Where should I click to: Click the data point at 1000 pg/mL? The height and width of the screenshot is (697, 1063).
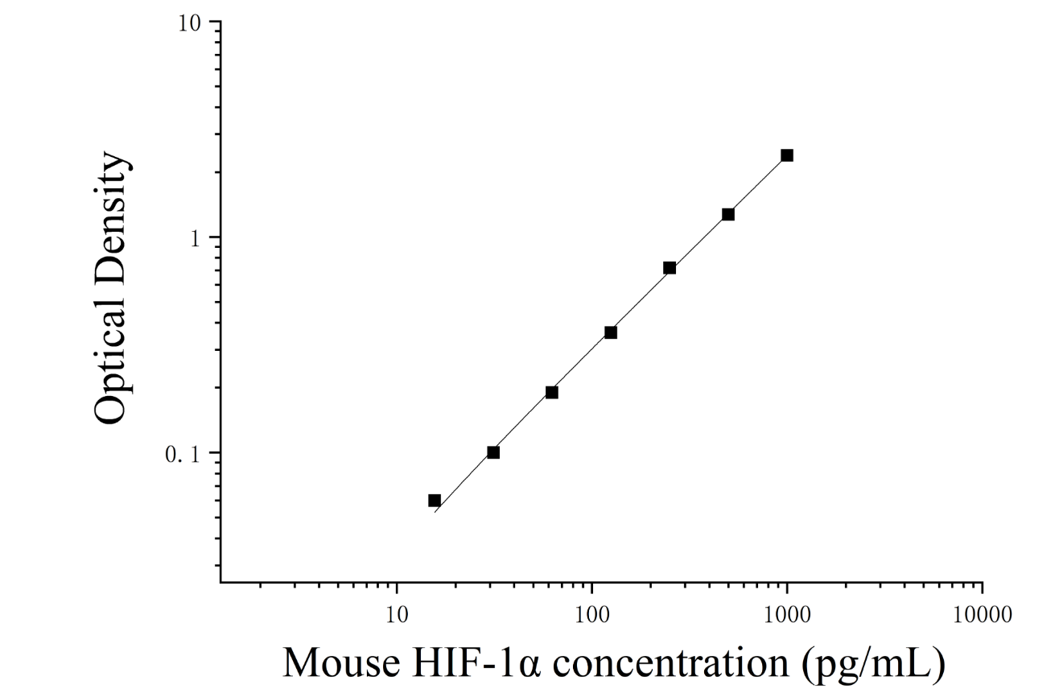coord(787,155)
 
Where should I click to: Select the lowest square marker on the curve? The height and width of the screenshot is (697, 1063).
coord(435,501)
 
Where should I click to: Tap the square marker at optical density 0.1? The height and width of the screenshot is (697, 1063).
coord(493,452)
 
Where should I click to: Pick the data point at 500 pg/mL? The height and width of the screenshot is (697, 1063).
coord(728,215)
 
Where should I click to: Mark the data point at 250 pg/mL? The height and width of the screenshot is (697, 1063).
coord(670,268)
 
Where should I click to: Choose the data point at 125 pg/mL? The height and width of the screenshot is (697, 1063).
coord(611,332)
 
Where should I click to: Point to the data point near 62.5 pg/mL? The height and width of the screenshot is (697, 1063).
coord(551,392)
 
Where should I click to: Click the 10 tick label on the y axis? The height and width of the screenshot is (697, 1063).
coord(190,23)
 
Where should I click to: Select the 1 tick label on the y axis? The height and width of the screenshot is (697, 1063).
coord(196,239)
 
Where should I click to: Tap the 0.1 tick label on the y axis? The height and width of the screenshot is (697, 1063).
coord(183,455)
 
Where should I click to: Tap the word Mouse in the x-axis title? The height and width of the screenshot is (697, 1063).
coord(342,663)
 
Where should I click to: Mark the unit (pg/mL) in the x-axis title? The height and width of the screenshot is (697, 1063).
coord(873,665)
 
